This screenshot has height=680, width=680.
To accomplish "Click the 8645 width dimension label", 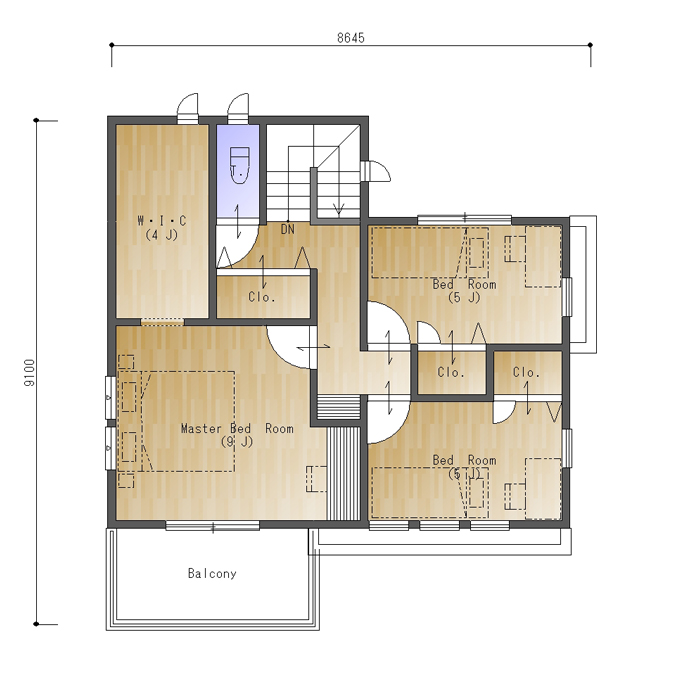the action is click(x=351, y=38).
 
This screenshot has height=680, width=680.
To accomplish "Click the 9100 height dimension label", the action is click(x=30, y=373).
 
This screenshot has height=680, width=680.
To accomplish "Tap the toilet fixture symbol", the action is click(x=239, y=165).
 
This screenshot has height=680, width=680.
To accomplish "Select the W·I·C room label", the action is click(x=161, y=221).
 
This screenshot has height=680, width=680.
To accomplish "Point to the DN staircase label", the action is click(x=288, y=229).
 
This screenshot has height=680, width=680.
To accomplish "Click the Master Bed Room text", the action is click(x=237, y=429).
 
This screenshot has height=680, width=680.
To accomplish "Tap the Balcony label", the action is click(x=212, y=574).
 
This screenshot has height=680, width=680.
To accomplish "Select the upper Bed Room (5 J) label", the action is click(x=464, y=291).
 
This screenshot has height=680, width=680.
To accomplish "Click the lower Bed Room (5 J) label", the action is click(x=464, y=467).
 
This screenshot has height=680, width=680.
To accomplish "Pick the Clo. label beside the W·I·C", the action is click(x=262, y=297).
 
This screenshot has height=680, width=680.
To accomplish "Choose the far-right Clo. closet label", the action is click(x=526, y=372).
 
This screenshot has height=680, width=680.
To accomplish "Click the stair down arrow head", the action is click(x=339, y=210).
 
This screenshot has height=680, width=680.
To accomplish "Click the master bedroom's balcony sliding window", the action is click(x=212, y=527).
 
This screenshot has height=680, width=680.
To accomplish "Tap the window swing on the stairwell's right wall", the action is click(x=376, y=171).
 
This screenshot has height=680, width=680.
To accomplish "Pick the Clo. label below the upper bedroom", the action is click(x=451, y=372).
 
